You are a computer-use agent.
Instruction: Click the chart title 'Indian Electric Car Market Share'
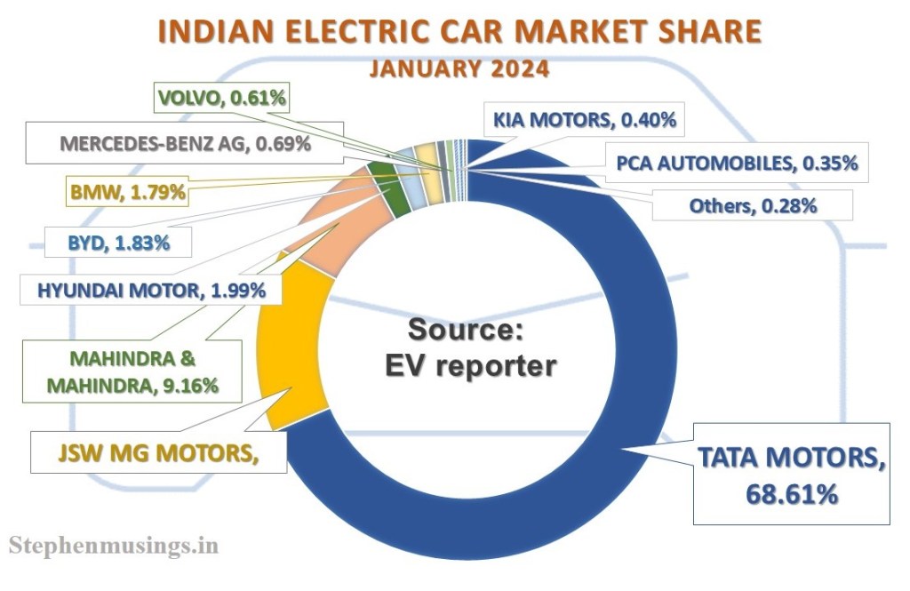coord(460,31)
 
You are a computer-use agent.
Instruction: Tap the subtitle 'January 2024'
coord(460,68)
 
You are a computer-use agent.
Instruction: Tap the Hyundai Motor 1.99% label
coord(146,288)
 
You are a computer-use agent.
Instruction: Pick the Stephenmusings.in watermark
coord(113,545)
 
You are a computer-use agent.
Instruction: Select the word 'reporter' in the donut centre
coord(501,364)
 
